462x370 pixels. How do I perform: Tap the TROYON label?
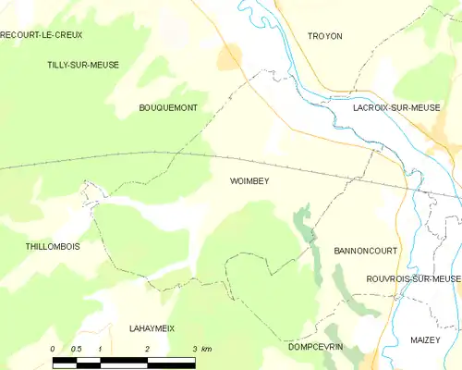(x=324, y=36)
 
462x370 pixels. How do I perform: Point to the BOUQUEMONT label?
(x=168, y=108)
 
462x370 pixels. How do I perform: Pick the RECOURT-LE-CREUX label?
(x=42, y=35)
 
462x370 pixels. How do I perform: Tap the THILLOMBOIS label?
(x=53, y=247)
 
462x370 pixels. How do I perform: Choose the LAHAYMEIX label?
(x=152, y=328)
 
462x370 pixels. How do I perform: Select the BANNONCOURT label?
(x=363, y=251)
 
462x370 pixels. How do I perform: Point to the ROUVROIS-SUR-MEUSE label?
(x=412, y=278)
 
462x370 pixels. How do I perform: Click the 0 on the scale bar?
(x=53, y=349)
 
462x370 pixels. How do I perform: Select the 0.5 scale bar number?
(x=76, y=349)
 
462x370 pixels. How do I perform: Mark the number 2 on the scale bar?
(x=147, y=349)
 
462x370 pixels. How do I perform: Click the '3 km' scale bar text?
(x=201, y=349)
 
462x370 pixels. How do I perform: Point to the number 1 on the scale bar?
(x=100, y=349)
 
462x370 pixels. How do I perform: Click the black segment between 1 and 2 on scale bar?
(x=124, y=362)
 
